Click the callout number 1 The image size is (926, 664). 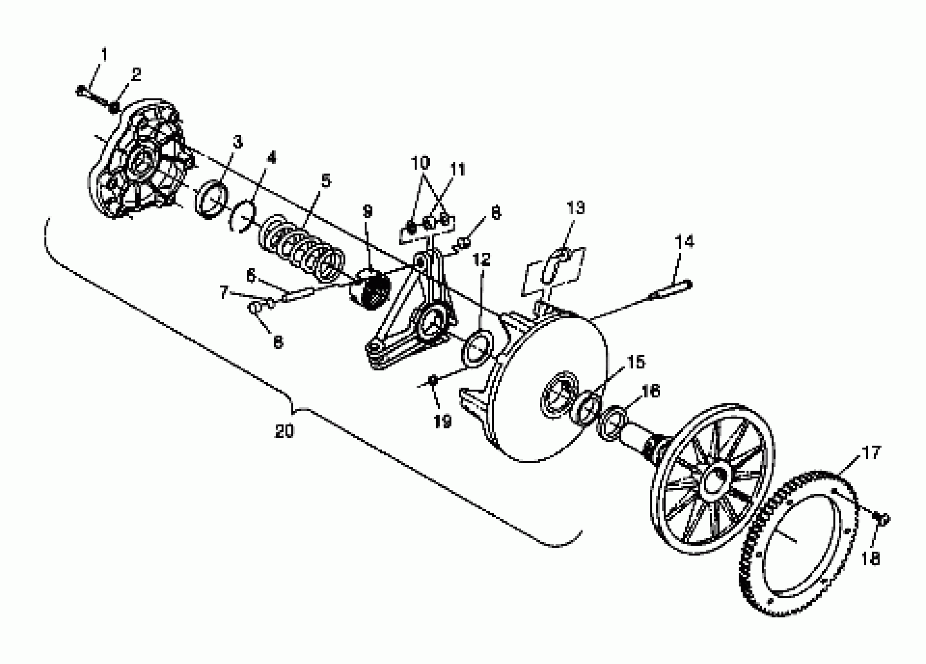[104, 54]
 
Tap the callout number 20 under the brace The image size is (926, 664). [284, 431]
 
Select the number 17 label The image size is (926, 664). [871, 453]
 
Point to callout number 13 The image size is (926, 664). [576, 207]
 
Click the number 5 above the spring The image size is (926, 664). [326, 180]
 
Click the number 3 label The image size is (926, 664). [238, 142]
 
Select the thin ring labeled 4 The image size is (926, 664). [242, 216]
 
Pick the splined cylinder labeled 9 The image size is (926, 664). [369, 289]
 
